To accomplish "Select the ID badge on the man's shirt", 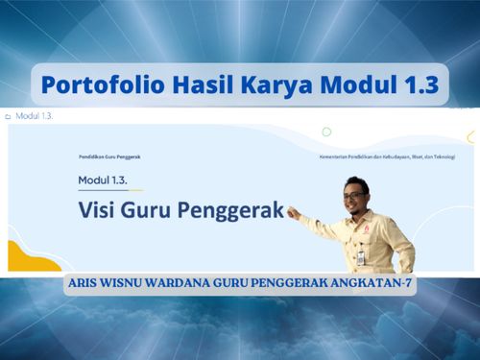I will [x=361, y=256].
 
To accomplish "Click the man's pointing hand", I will [x=292, y=212].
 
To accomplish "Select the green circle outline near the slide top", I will [x=326, y=132].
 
